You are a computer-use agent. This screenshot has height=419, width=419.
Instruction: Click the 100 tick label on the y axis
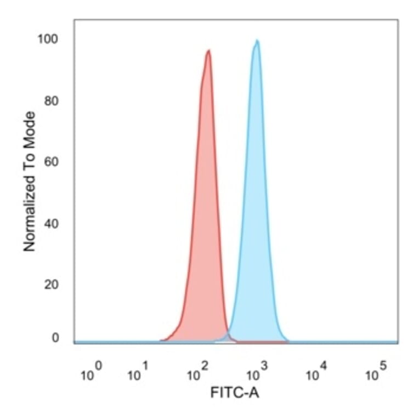(x=48, y=39)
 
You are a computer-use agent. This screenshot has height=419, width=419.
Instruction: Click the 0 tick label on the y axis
(x=55, y=338)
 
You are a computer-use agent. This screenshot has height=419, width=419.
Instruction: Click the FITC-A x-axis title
(x=234, y=393)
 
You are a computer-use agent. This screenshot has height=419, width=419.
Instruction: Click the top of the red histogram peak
(x=208, y=51)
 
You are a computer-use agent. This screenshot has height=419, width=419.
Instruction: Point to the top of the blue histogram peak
(x=256, y=41)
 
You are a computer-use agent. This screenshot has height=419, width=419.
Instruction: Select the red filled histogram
(x=203, y=219)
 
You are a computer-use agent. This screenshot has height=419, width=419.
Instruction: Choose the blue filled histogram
(x=255, y=219)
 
